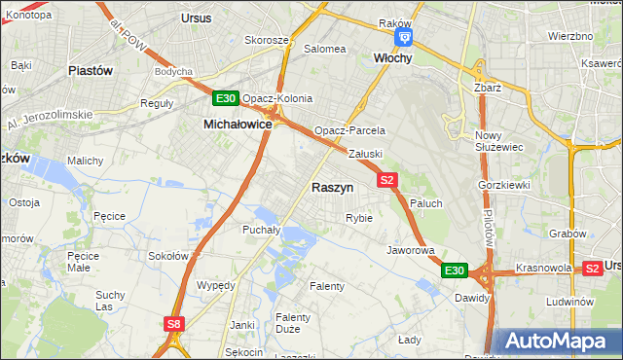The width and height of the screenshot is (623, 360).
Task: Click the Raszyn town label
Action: pyautogui.click(x=332, y=187)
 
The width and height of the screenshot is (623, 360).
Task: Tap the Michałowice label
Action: pyautogui.click(x=237, y=125)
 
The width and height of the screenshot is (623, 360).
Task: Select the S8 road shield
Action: pyautogui.click(x=173, y=324)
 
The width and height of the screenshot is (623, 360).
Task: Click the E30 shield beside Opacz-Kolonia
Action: pyautogui.click(x=226, y=98)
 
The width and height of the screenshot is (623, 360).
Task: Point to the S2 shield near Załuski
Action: pyautogui.click(x=387, y=179)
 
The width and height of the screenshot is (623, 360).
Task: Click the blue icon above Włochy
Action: pyautogui.click(x=404, y=38)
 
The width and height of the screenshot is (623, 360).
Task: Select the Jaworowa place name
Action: pyautogui.click(x=410, y=250)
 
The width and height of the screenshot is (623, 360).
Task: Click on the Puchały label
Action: pyautogui.click(x=261, y=231)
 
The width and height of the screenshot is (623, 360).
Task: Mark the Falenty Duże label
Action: pyautogui.click(x=293, y=324)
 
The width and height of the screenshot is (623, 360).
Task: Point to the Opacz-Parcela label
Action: pyautogui.click(x=349, y=130)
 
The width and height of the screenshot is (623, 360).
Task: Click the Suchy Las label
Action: pyautogui.click(x=110, y=301)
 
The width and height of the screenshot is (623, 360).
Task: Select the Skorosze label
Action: pyautogui.click(x=267, y=41)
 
